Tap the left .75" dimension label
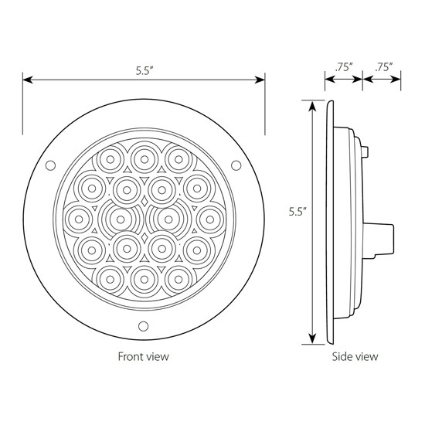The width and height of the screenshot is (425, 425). coord(344,67)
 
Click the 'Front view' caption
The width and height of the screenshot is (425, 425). coord(143,357)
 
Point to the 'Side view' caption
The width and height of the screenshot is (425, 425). coord(356,357)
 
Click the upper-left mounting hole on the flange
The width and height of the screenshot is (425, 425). coord(51,165)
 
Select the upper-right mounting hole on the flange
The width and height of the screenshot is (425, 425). coord(236,165)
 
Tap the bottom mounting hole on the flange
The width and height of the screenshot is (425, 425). coord(143,325)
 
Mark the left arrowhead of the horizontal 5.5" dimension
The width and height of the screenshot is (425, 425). coord(26,79)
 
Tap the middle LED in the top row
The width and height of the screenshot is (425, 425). coord(143,158)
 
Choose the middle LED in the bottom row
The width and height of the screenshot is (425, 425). coord(143,277)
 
